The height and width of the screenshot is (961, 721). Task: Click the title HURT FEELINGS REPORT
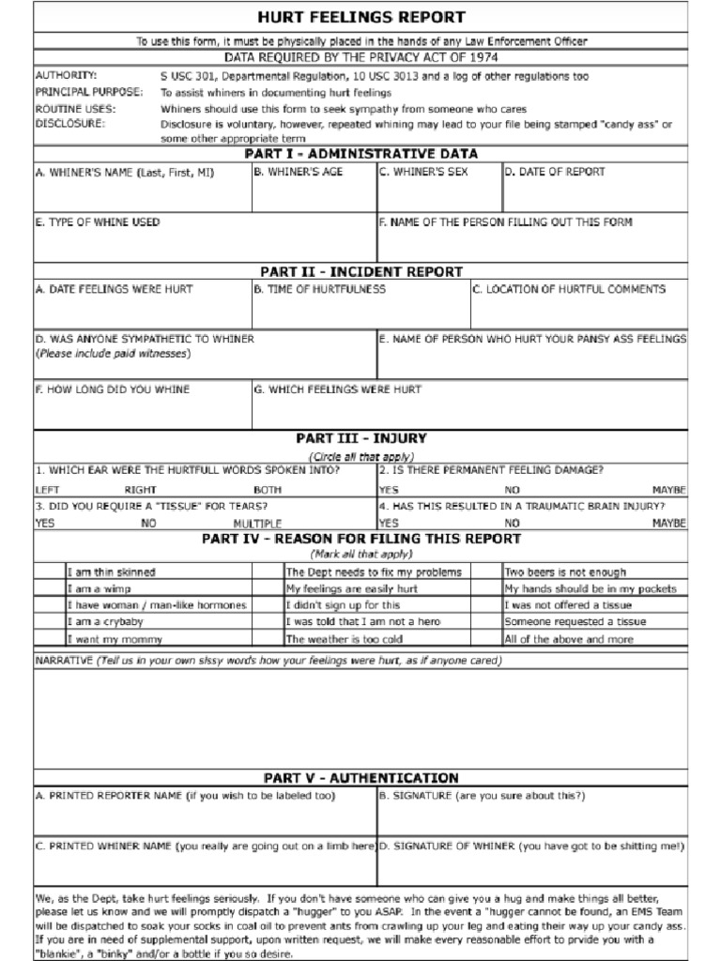(361, 17)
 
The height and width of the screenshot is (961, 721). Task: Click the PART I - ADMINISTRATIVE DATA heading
(361, 154)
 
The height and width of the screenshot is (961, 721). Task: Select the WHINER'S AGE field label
(298, 173)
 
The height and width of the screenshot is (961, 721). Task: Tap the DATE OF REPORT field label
(555, 173)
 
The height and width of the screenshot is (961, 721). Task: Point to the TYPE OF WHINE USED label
(98, 222)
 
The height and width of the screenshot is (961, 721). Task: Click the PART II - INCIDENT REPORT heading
(361, 272)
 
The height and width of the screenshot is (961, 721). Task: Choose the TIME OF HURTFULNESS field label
(319, 289)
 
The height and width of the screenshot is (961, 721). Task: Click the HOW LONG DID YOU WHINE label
(112, 389)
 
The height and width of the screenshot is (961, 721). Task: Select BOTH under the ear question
(268, 490)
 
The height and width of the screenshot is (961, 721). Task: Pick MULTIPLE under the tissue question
(257, 523)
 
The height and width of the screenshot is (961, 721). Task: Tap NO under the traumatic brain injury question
(512, 523)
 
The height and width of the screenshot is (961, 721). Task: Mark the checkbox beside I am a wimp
(50, 588)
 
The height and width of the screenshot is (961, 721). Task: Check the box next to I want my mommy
(50, 639)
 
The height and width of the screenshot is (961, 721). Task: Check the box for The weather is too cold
(268, 639)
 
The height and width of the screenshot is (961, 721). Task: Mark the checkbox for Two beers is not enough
(486, 572)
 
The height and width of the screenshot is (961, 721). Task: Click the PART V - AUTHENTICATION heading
(361, 778)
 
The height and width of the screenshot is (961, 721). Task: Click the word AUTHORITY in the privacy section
(66, 75)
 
